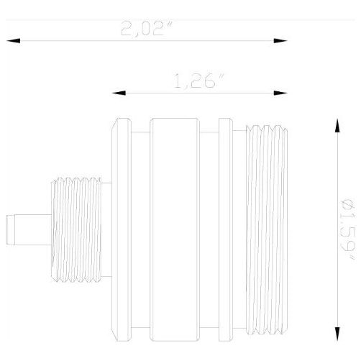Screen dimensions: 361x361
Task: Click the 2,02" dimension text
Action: (146, 31)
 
